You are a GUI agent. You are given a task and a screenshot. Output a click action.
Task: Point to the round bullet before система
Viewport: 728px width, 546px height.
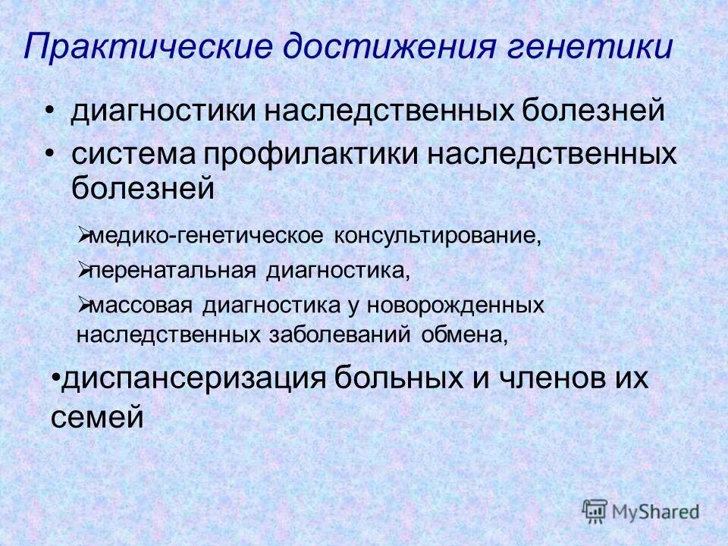coord(50,154)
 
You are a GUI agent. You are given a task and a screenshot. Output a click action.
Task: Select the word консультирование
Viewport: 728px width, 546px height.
coord(435,235)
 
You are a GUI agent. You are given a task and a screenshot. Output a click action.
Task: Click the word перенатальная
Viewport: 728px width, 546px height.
coord(174,271)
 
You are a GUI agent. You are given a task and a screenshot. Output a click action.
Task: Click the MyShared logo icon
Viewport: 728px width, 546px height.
coord(595,511)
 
